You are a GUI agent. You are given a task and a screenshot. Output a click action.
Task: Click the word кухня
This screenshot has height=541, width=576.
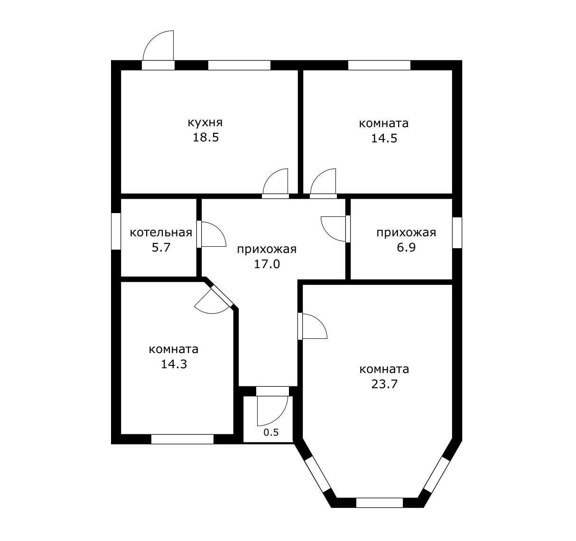pyautogui.click(x=205, y=123)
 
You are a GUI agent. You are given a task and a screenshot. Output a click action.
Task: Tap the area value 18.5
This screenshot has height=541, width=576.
pyautogui.click(x=206, y=138)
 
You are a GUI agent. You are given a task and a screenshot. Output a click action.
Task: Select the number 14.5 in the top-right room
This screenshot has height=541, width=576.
pyautogui.click(x=384, y=139)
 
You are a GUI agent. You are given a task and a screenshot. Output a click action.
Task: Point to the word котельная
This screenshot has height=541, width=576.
pyautogui.click(x=161, y=233)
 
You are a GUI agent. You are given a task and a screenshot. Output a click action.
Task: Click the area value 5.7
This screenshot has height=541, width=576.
pyautogui.click(x=161, y=248)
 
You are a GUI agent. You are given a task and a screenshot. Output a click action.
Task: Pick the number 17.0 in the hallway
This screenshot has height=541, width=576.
pyautogui.click(x=267, y=264)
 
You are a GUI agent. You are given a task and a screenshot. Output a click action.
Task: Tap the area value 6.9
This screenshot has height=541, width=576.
pyautogui.click(x=406, y=248)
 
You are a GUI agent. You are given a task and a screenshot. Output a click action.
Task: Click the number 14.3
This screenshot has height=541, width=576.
pyautogui.click(x=174, y=364)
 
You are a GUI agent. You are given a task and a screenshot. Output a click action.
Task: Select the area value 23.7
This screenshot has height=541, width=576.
pyautogui.click(x=384, y=384)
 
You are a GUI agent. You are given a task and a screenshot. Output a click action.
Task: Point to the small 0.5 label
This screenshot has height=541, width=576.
pyautogui.click(x=271, y=432)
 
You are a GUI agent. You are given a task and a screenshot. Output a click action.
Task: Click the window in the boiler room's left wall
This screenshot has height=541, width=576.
pyautogui.click(x=116, y=231)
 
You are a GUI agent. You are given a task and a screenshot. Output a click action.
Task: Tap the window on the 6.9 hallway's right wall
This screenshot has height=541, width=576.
pyautogui.click(x=457, y=233)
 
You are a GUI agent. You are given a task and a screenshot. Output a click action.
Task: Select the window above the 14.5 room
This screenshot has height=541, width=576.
pyautogui.click(x=380, y=65)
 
